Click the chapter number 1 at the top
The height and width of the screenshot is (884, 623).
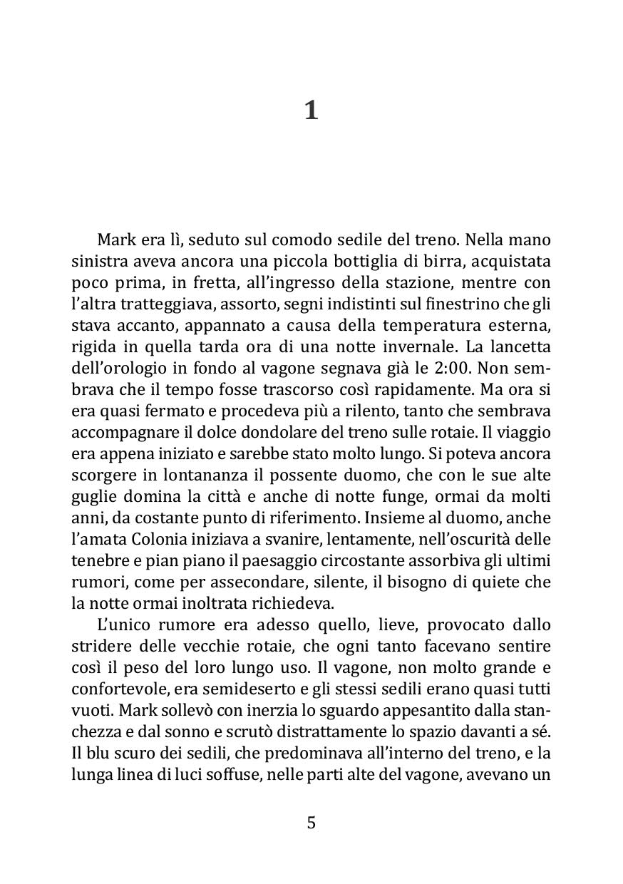point(311,111)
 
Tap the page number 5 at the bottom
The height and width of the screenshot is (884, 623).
point(311,823)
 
